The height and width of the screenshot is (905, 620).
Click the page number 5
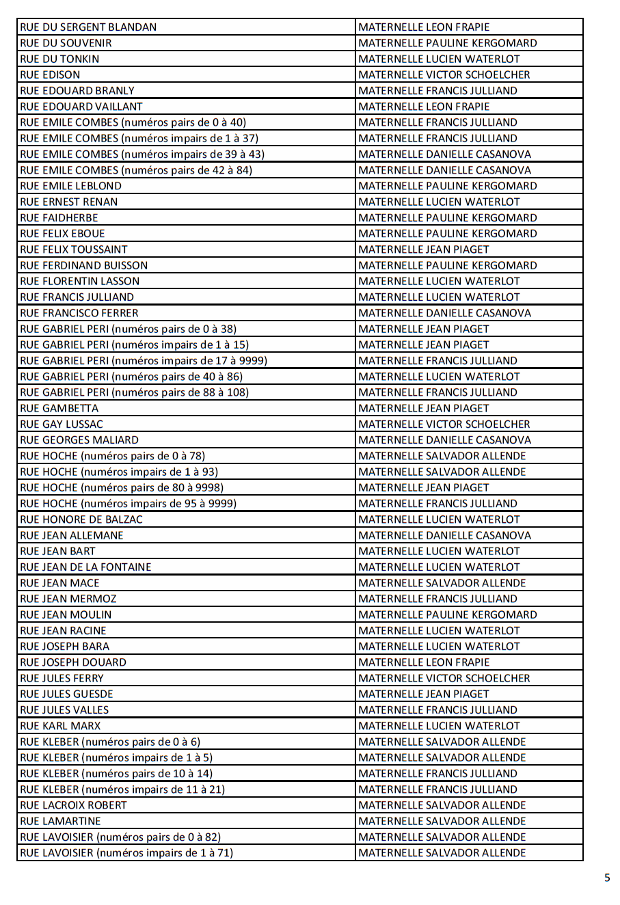click(607, 878)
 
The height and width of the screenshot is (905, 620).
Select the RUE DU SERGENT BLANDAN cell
click(89, 27)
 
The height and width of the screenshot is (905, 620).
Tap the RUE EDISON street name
click(51, 75)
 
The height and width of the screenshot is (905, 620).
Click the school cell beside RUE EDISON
click(444, 75)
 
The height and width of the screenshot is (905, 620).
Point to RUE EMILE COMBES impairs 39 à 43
click(142, 154)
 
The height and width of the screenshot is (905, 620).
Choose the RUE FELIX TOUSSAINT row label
click(74, 249)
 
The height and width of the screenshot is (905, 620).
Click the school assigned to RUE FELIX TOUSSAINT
click(424, 249)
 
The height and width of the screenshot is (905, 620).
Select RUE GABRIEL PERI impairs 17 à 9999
click(144, 361)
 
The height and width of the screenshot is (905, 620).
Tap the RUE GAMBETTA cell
click(59, 408)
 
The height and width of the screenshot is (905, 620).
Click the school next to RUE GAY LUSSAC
click(444, 424)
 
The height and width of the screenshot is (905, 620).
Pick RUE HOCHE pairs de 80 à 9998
click(122, 487)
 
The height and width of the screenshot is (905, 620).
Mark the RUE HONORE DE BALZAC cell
click(82, 519)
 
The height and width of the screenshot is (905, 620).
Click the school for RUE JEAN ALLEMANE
click(444, 535)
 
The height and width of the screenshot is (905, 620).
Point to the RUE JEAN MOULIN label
click(66, 614)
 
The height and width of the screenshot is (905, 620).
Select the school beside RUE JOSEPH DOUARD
click(424, 662)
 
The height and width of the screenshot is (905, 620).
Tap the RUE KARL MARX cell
click(61, 726)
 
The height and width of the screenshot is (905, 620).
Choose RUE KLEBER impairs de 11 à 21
click(123, 789)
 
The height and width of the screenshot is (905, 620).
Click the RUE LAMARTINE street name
click(61, 821)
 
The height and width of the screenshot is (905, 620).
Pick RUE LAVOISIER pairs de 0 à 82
click(120, 837)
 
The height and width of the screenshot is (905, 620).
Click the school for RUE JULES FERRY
click(444, 678)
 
